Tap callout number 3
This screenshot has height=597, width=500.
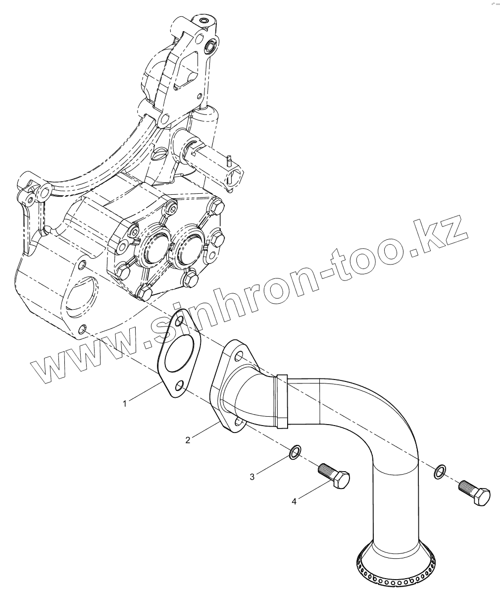pyautogui.click(x=252, y=477)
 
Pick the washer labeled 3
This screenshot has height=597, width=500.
pyautogui.click(x=295, y=451)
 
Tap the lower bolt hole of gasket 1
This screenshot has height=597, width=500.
pyautogui.click(x=180, y=385)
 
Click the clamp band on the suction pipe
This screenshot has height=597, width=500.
pyautogui.click(x=282, y=401)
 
